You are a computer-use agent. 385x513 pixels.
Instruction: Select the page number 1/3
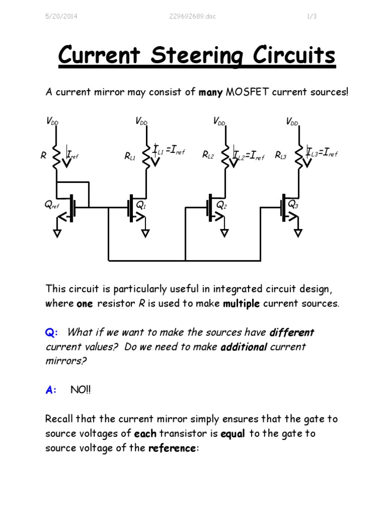point(311,17)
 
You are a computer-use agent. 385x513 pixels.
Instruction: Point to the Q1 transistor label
point(141,205)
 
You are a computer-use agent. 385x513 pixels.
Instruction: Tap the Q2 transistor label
point(221,205)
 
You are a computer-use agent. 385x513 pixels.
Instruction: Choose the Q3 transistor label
point(293,204)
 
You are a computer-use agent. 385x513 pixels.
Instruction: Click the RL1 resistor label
point(130,157)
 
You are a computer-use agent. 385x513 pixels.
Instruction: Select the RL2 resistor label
point(208,156)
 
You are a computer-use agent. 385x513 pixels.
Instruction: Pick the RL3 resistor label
point(281,156)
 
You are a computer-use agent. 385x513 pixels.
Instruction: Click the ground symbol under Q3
point(298,232)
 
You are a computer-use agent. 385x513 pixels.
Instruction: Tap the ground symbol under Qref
point(58,232)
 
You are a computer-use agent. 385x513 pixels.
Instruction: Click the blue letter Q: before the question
point(52,333)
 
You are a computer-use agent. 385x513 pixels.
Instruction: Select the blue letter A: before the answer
point(51,390)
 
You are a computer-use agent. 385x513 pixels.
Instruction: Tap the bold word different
point(292,333)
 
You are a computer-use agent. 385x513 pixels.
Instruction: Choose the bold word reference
point(172,448)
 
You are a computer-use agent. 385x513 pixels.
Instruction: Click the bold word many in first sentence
point(211,93)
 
